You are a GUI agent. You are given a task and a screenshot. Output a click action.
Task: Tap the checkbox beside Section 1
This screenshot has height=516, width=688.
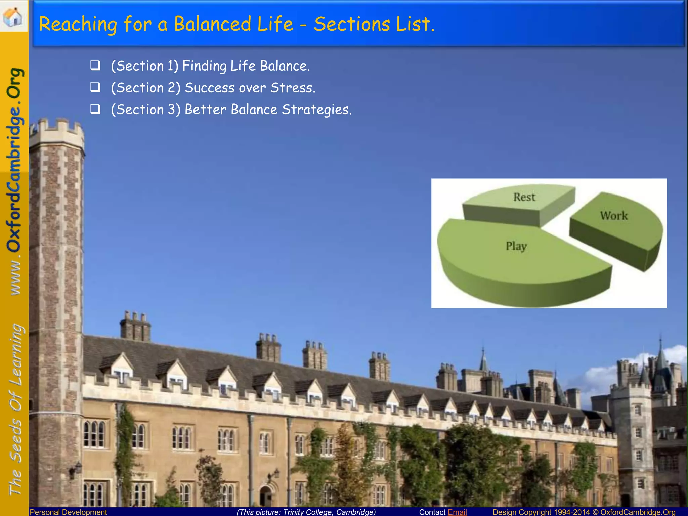[x=95, y=65]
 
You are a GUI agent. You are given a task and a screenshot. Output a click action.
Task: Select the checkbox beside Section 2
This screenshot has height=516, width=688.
[x=95, y=87]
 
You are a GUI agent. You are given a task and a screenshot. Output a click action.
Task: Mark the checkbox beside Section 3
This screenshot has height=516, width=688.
[x=95, y=109]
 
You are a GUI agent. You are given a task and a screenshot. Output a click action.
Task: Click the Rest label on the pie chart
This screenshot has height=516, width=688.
[x=524, y=197]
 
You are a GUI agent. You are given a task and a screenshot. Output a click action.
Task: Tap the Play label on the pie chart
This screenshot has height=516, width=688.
[x=516, y=246]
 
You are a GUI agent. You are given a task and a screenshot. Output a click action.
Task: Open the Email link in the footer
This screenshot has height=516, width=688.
[x=457, y=512]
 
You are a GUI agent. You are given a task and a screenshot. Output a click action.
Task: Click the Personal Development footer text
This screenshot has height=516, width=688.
[x=69, y=512]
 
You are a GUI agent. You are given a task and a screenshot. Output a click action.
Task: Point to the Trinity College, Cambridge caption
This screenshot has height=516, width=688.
[x=306, y=512]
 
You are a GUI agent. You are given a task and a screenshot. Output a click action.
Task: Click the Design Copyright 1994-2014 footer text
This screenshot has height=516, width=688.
[x=541, y=512]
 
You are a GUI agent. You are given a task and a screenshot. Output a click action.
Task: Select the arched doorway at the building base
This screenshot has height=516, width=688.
[x=266, y=496]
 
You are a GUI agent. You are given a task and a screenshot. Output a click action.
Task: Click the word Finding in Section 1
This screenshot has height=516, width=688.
[x=204, y=66]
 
